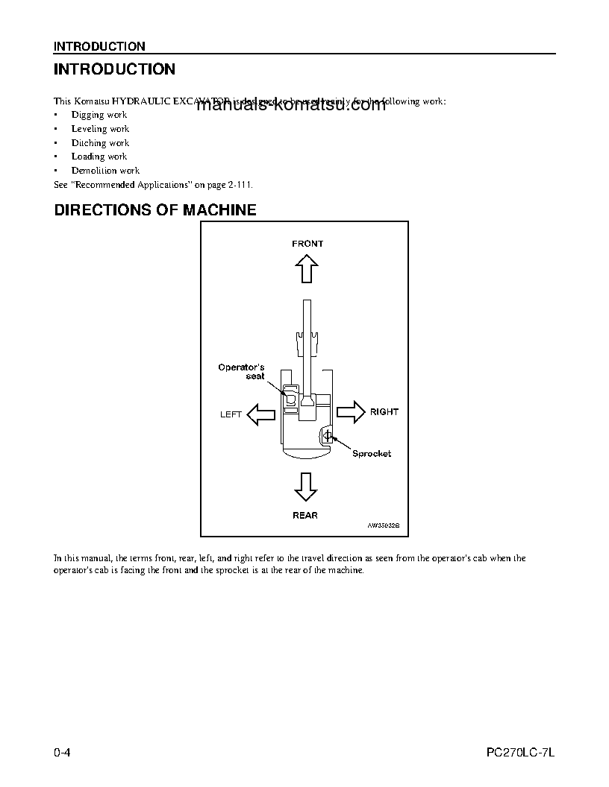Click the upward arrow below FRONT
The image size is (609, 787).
pyautogui.click(x=306, y=268)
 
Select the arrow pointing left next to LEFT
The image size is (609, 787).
pyautogui.click(x=261, y=414)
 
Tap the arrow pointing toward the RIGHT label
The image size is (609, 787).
pyautogui.click(x=349, y=411)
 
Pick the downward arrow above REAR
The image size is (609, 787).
pyautogui.click(x=305, y=486)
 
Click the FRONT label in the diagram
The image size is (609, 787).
pyautogui.click(x=307, y=244)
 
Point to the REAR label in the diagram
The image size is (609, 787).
pyautogui.click(x=305, y=515)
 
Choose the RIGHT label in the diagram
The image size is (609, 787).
pyautogui.click(x=384, y=411)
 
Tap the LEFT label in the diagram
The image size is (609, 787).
pyautogui.click(x=231, y=414)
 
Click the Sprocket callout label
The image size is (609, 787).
pyautogui.click(x=372, y=453)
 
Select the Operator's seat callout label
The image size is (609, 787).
pyautogui.click(x=241, y=371)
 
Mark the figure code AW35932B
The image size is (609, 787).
pyautogui.click(x=384, y=525)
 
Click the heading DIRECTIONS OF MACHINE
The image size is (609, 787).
pyautogui.click(x=155, y=210)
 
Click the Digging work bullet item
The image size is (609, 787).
pyautogui.click(x=99, y=115)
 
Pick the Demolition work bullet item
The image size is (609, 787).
pyautogui.click(x=105, y=171)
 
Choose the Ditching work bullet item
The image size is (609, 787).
pyautogui.click(x=100, y=143)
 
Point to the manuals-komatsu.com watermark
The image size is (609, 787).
pyautogui.click(x=292, y=105)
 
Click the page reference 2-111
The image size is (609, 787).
pyautogui.click(x=247, y=184)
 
